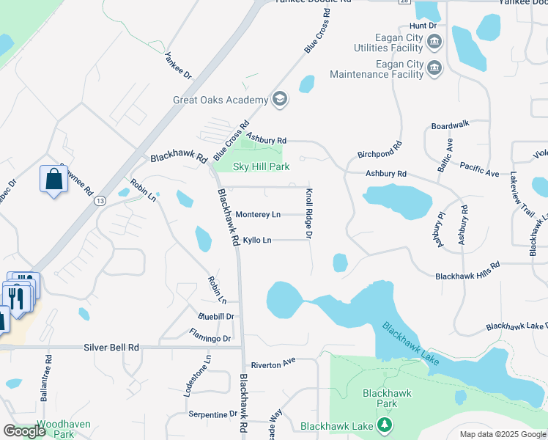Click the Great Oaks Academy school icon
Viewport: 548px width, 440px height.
coord(279,99)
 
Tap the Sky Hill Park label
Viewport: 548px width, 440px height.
coord(262,167)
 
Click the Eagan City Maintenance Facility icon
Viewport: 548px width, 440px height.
coord(434,68)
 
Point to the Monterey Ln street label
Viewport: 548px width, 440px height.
coord(258,215)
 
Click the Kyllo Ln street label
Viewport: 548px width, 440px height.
coord(257,240)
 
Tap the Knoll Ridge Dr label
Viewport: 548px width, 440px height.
coord(309,213)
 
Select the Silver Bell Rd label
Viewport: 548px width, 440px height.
coord(111,347)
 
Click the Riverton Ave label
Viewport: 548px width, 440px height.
coord(273,362)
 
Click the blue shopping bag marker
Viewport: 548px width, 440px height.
coord(54,180)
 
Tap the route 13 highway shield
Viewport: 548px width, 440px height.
coord(100,200)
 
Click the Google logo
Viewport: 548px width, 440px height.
coord(24,431)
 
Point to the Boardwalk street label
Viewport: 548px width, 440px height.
coord(450,125)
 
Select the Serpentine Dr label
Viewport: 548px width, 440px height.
coord(212,414)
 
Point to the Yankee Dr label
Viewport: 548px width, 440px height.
coord(178,65)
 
